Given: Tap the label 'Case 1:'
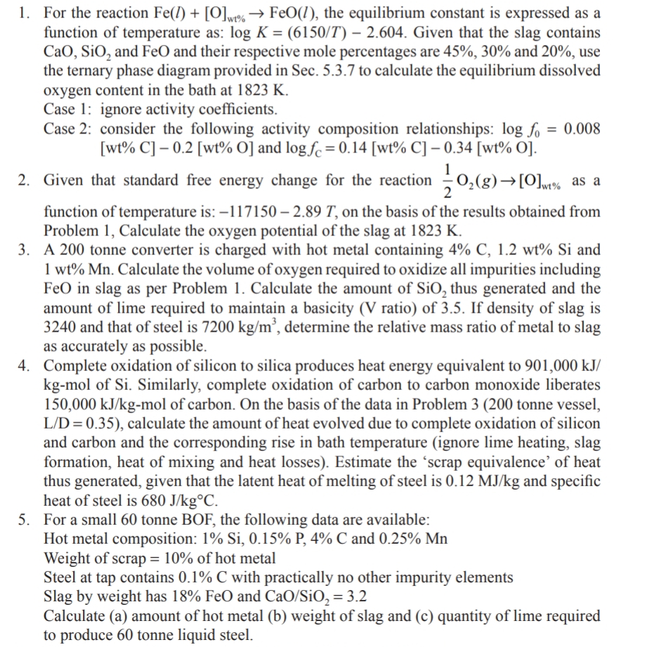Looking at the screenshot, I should (68, 110).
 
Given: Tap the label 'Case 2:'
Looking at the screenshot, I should (68, 129).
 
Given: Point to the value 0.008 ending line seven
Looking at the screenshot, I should (582, 129).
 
